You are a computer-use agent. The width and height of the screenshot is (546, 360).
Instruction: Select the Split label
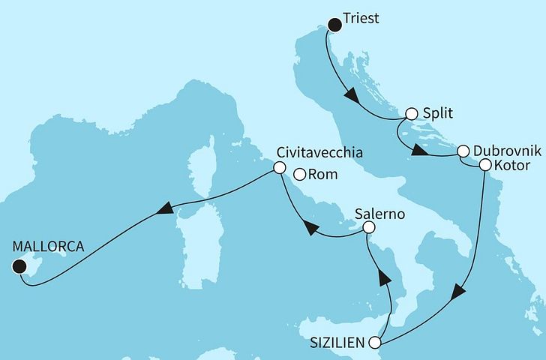click(x=438, y=114)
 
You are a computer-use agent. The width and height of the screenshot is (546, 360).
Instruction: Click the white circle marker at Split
click(x=411, y=115)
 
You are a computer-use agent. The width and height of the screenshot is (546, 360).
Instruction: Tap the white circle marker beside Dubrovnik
click(x=463, y=150)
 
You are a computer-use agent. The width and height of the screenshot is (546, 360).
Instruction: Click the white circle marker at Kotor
click(x=484, y=164)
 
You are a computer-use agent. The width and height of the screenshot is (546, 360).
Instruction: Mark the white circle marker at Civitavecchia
click(x=279, y=169)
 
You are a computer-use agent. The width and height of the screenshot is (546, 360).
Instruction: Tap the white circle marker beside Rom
click(x=300, y=175)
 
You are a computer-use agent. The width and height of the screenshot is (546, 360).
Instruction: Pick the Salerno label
click(x=381, y=214)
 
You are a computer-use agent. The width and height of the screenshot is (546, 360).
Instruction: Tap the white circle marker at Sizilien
click(x=382, y=342)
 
